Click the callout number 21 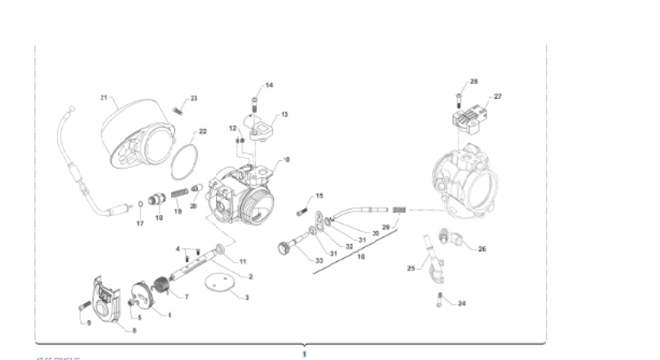tap(103, 97)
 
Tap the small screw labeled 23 tap(178, 110)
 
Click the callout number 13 tap(284, 114)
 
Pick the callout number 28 tap(474, 81)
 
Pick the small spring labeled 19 tap(179, 194)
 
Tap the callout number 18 tap(159, 218)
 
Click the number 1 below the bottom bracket tap(304, 354)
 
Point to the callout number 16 tap(361, 257)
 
